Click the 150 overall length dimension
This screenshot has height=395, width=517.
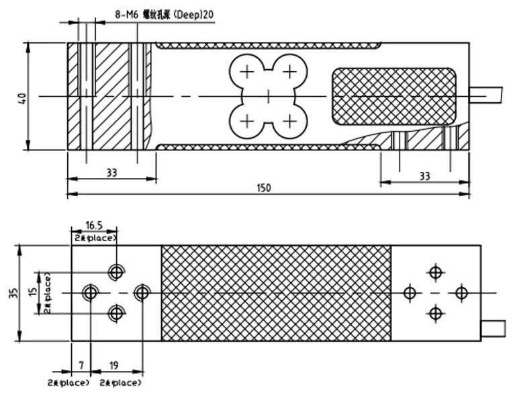264,188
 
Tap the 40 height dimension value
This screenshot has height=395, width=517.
22,97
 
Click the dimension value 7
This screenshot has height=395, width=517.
81,365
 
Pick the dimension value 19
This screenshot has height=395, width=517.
113,365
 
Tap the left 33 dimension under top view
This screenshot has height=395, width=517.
111,173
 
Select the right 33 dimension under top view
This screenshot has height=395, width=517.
424,176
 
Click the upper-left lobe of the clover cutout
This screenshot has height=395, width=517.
247,71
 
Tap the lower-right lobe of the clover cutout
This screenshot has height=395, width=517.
289,120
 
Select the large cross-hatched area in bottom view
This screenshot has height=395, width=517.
275,293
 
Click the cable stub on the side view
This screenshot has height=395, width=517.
486,94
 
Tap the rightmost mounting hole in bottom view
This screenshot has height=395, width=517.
461,293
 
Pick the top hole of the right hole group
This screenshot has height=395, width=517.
436,272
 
